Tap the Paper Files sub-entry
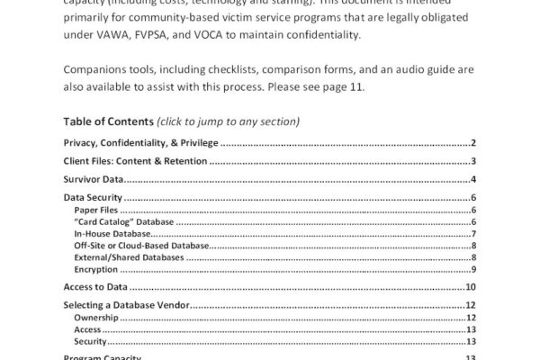click(x=95, y=210)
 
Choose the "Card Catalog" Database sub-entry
click(x=124, y=221)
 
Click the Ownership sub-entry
click(x=94, y=318)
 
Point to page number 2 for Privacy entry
click(x=472, y=143)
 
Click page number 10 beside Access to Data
click(x=470, y=287)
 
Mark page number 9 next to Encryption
click(x=472, y=269)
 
